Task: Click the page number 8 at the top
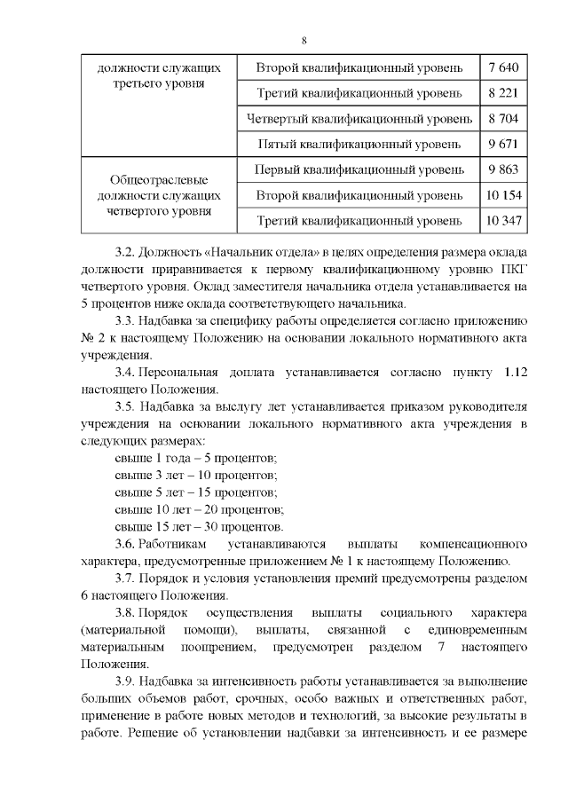click(304, 42)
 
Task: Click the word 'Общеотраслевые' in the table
click(158, 179)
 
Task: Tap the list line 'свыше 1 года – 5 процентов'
click(197, 459)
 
